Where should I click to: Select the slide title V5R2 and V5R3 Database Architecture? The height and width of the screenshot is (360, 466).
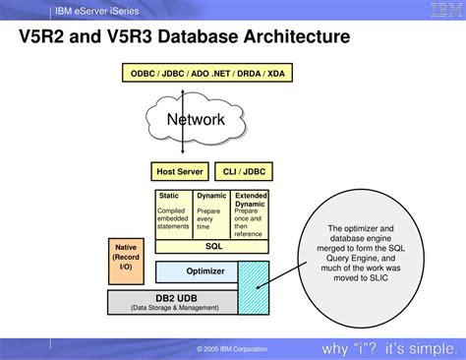(x=184, y=39)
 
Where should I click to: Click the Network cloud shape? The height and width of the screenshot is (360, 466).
(x=196, y=120)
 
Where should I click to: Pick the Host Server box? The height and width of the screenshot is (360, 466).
(x=179, y=171)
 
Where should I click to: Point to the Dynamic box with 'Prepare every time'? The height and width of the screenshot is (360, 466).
(x=211, y=213)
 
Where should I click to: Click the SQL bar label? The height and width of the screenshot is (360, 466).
(x=213, y=247)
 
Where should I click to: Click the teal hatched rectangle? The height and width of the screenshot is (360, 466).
(x=254, y=287)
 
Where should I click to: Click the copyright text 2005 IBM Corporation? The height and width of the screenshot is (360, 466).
(x=231, y=349)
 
